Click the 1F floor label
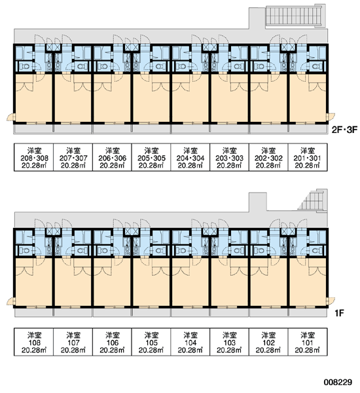[339, 313]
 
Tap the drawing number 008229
[338, 383]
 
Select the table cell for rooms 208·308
[33, 157]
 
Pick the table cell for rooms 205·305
[151, 157]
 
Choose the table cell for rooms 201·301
[308, 157]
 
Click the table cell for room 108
[33, 342]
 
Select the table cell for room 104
[190, 342]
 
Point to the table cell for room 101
[308, 342]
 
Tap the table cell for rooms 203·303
[229, 157]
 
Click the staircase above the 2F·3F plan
[295, 16]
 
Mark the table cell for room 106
[112, 342]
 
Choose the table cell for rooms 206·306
[112, 157]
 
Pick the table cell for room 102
[268, 342]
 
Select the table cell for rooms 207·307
[73, 157]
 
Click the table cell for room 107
[73, 342]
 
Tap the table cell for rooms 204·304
[190, 157]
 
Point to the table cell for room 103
[229, 342]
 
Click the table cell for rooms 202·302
[268, 157]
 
